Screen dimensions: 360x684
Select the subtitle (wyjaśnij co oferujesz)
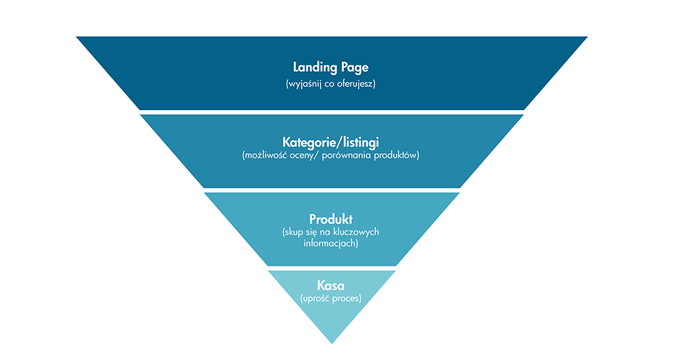point(331,84)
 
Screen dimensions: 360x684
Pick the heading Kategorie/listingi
point(331,141)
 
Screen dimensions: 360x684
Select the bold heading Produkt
point(331,219)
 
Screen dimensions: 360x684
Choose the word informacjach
point(331,243)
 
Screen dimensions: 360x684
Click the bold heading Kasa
point(331,285)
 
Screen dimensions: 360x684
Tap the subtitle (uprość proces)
point(331,298)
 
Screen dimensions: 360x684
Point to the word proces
point(346,298)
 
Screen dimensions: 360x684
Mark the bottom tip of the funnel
point(331,343)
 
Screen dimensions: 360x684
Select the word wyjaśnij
point(305,84)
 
